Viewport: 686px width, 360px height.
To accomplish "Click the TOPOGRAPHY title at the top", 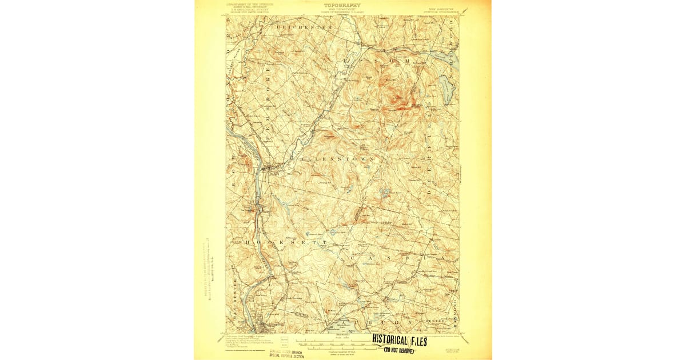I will click(342, 5).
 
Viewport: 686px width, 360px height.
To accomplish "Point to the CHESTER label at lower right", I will click(433, 321).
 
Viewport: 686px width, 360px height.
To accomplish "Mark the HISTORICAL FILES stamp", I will click(400, 341).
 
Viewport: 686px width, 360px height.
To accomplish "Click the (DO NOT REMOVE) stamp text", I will click(399, 350).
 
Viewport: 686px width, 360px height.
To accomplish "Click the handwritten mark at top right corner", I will click(464, 10).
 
